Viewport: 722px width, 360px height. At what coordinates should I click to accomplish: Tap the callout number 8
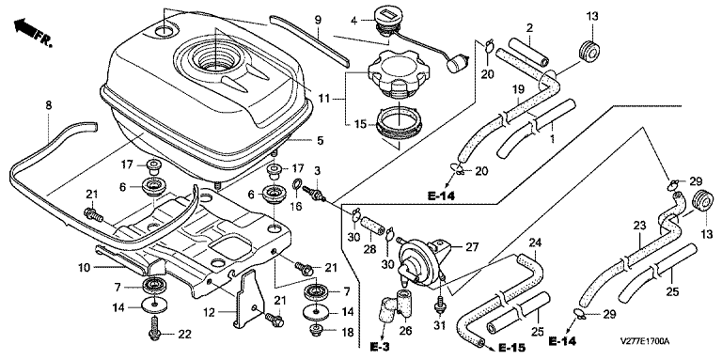(x=48, y=105)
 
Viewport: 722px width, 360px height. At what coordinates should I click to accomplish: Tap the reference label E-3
(x=380, y=345)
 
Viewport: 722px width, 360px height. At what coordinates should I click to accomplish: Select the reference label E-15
(x=512, y=348)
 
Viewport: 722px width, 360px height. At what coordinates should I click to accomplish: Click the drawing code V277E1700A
(x=644, y=341)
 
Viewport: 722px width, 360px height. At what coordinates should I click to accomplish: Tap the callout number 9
(x=318, y=21)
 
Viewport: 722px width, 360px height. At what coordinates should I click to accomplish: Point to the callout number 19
(x=519, y=90)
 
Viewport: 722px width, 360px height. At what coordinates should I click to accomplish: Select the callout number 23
(x=639, y=226)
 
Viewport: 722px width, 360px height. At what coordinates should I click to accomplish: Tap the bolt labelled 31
(x=439, y=305)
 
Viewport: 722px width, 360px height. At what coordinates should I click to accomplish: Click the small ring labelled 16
(x=297, y=186)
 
